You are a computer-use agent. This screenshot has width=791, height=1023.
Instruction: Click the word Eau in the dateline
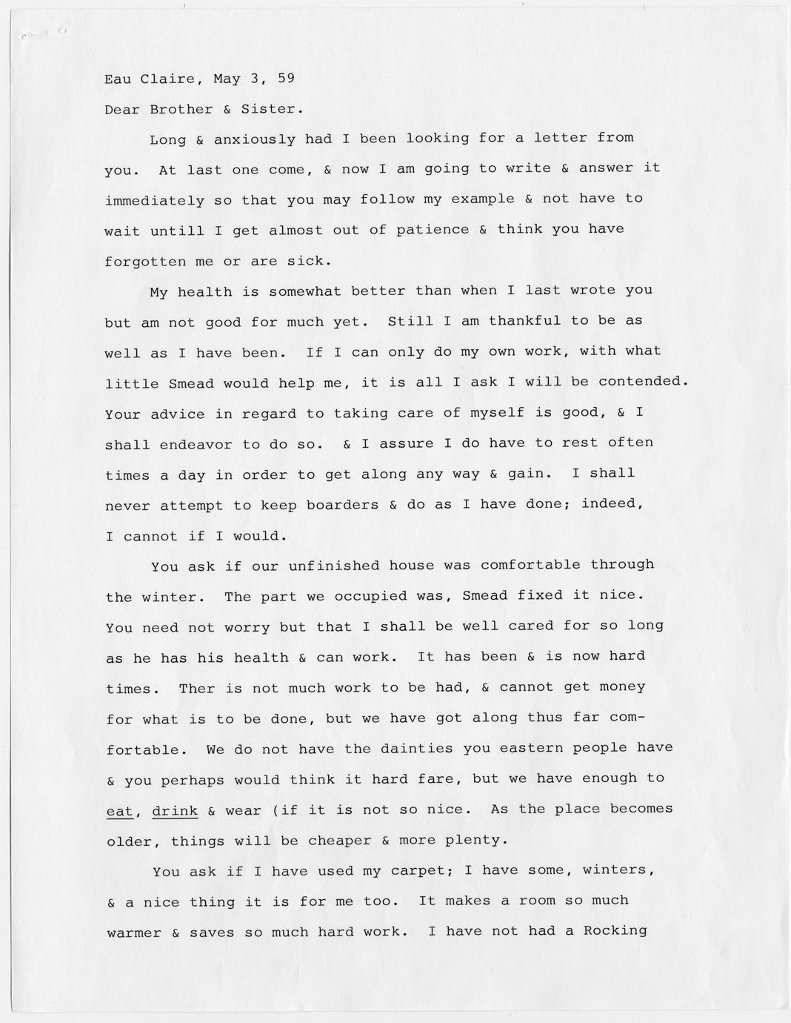pyautogui.click(x=119, y=79)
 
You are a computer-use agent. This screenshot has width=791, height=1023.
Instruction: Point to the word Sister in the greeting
pyautogui.click(x=273, y=109)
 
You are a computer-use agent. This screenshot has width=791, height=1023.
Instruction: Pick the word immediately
pyautogui.click(x=154, y=200)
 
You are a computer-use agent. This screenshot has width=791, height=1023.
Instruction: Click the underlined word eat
pyautogui.click(x=120, y=811)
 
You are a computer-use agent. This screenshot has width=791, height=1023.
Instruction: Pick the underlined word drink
pyautogui.click(x=175, y=810)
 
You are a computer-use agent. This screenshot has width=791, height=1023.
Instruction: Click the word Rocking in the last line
pyautogui.click(x=615, y=931)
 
